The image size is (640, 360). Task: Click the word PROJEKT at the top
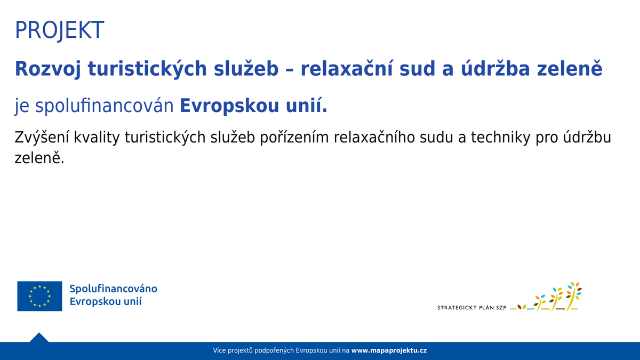[x=59, y=30]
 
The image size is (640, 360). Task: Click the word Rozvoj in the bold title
[x=47, y=69]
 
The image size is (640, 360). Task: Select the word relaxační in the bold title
[x=346, y=68]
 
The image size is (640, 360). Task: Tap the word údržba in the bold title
[x=495, y=68]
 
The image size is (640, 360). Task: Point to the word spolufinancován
[x=105, y=106]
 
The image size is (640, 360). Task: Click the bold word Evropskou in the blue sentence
[x=229, y=106]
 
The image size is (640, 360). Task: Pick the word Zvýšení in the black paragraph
[x=42, y=138]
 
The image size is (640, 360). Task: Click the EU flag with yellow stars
[x=39, y=296]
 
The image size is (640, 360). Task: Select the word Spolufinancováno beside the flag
[x=114, y=289]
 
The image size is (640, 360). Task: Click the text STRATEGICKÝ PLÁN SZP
[x=471, y=308]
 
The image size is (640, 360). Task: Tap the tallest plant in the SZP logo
[x=573, y=297]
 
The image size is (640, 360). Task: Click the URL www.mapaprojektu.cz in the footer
[x=389, y=350]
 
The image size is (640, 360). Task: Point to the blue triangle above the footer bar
[x=39, y=338]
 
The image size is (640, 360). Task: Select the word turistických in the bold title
[x=147, y=69]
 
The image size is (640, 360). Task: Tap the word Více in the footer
[x=219, y=350]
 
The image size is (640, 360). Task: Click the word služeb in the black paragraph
[x=233, y=138]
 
